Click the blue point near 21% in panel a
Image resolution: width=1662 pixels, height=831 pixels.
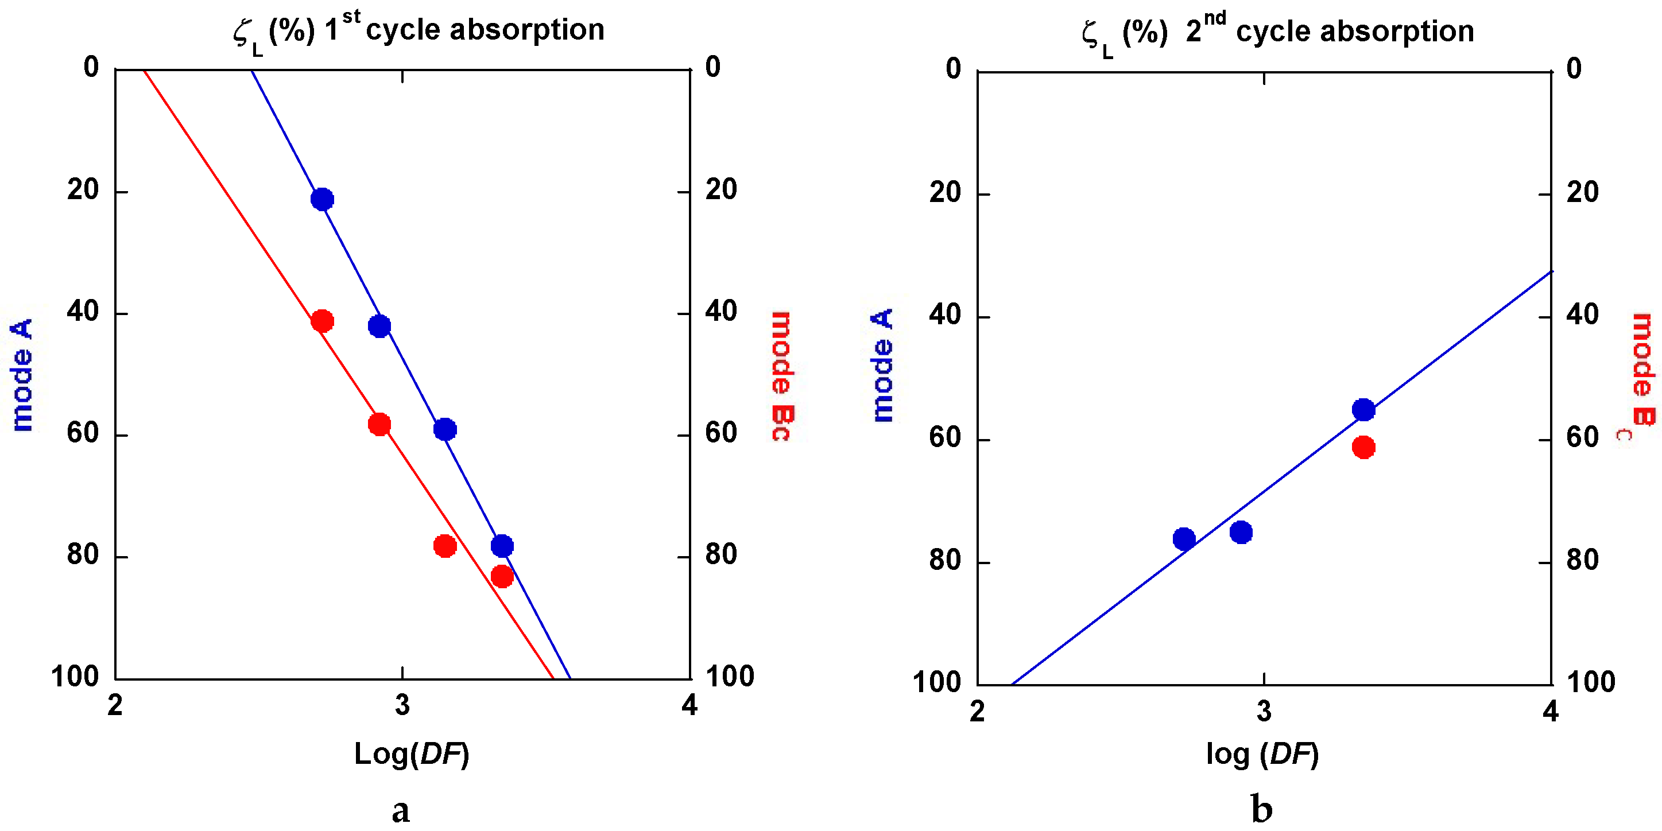pos(322,199)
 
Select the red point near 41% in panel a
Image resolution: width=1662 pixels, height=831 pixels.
pos(322,321)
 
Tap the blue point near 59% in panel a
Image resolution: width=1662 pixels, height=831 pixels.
pos(444,429)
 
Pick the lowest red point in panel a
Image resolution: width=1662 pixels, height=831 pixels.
pos(502,576)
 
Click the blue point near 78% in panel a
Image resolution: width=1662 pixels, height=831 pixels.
pos(502,546)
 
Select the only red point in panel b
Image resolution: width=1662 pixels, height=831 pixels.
pos(1363,447)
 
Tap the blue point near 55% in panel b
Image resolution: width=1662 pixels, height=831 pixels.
pos(1363,410)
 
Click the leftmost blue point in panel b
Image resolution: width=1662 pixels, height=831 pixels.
pos(1184,539)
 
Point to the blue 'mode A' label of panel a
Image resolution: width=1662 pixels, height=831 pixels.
pos(22,374)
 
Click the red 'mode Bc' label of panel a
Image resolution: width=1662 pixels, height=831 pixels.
pos(781,376)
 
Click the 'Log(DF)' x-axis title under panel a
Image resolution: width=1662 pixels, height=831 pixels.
pos(412,754)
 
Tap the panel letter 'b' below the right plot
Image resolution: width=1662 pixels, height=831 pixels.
pos(1261,809)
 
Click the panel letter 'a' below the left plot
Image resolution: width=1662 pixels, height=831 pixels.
pos(401,810)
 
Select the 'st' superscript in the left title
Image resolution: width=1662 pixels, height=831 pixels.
pos(351,16)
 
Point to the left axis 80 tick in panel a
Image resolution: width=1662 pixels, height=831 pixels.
pos(83,554)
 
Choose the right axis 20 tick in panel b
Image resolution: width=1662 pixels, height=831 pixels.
pos(1583,192)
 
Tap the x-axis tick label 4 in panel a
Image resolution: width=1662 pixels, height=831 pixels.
pos(689,706)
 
